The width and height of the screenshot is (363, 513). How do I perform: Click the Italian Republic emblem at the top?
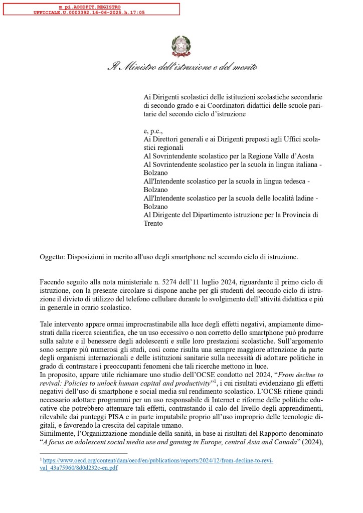pyautogui.click(x=181, y=46)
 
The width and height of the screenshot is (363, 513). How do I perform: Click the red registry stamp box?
pyautogui.click(x=91, y=9)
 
